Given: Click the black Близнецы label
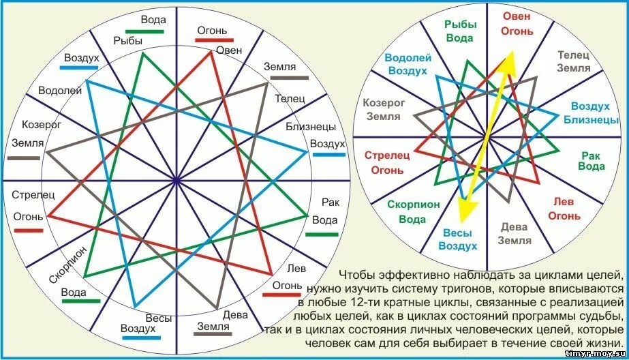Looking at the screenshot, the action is (310, 126).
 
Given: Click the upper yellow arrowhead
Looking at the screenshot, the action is (509, 59).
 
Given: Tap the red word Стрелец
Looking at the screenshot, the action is (386, 155).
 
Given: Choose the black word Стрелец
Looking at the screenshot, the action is (33, 194).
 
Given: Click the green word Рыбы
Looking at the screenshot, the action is (459, 24).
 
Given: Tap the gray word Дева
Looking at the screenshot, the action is (514, 227).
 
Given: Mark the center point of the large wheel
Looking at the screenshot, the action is (177, 181).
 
